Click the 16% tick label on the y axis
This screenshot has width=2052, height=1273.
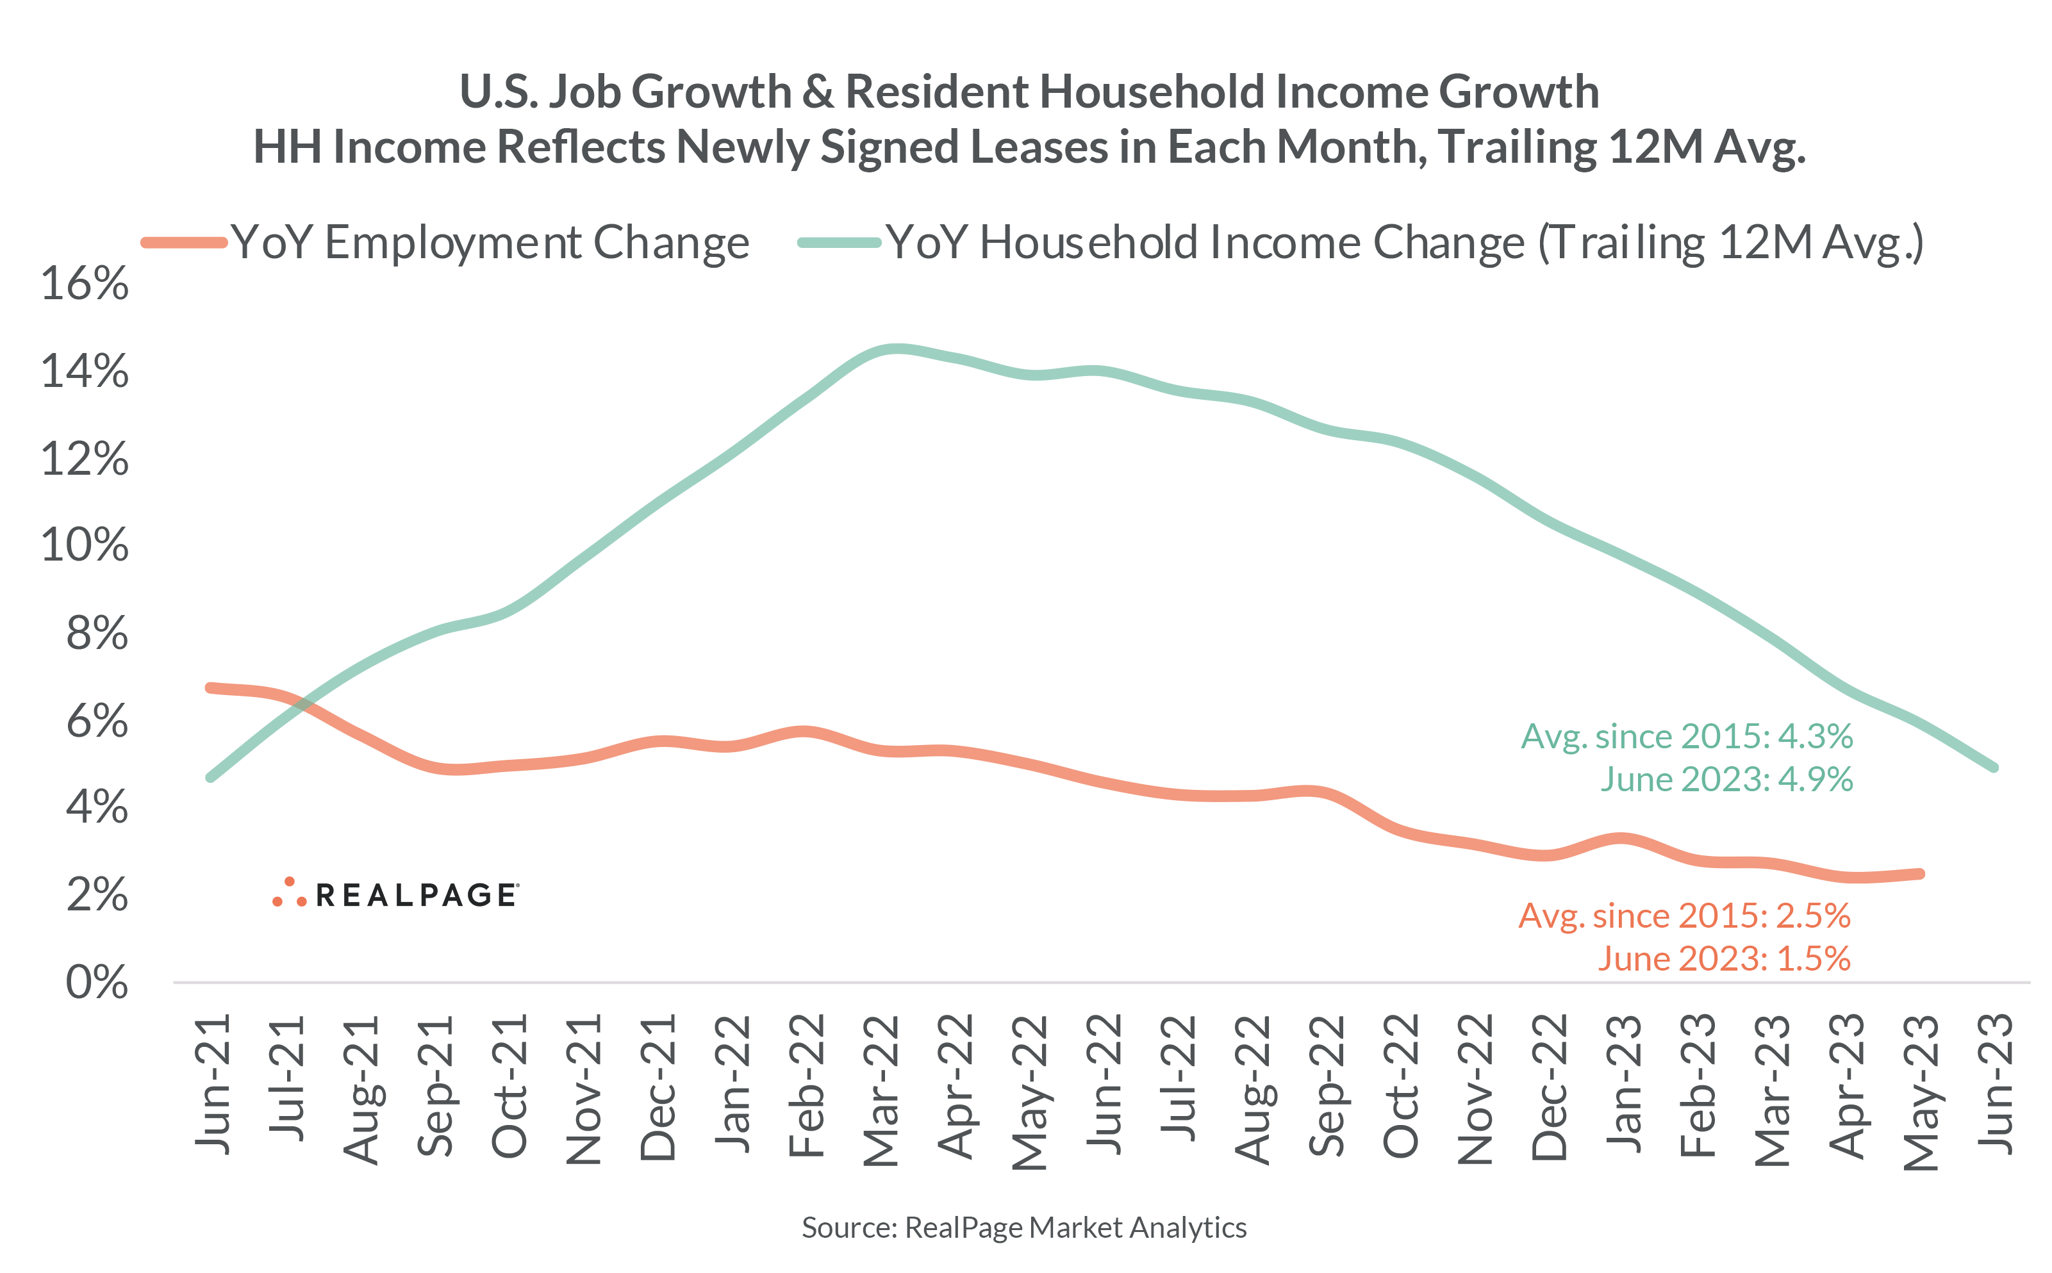[x=84, y=284]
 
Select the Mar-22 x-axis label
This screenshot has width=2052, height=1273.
[x=881, y=1090]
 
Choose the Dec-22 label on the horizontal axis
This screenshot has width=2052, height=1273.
[x=1550, y=1087]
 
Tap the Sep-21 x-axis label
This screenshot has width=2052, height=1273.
[x=435, y=1086]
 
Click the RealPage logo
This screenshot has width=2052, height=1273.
[x=396, y=894]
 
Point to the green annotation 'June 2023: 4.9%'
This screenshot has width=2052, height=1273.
[x=1726, y=780]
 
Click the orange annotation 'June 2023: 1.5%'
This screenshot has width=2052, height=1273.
[x=1724, y=959]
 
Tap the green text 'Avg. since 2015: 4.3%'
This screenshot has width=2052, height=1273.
[x=1687, y=737]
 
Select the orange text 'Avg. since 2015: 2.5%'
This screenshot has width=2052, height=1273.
[x=1684, y=916]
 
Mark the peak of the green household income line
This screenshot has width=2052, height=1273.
[x=897, y=349]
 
